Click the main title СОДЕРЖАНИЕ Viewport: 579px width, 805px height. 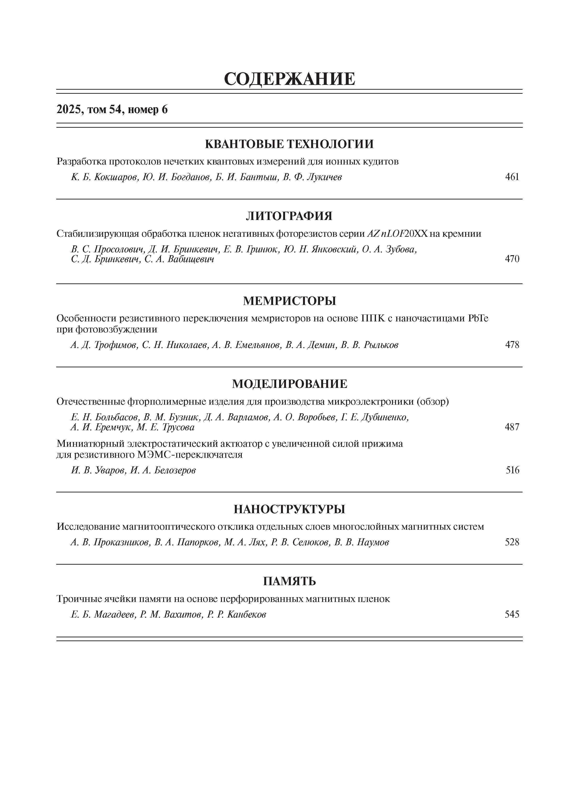click(289, 79)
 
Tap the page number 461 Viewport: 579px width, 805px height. click(512, 177)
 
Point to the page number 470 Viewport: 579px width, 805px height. click(512, 259)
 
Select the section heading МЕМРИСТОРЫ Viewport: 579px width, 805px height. click(289, 301)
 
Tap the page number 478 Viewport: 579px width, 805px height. click(512, 345)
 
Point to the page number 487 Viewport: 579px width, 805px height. click(512, 427)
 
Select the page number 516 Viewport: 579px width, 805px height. click(512, 470)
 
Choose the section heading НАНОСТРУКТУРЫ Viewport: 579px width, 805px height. click(289, 509)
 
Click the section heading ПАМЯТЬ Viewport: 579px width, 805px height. click(289, 581)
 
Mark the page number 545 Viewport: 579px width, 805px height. click(512, 614)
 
